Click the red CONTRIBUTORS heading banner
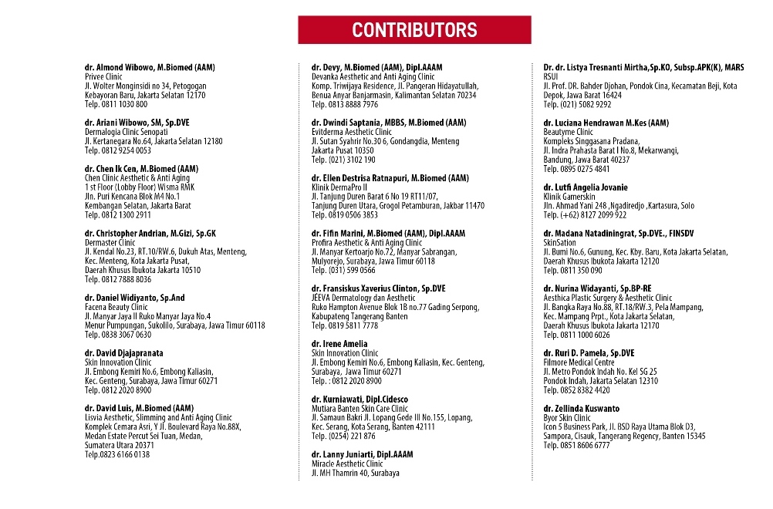[414, 30]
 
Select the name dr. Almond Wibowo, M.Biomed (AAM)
[150, 68]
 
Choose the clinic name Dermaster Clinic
[110, 242]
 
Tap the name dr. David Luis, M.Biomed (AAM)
[139, 408]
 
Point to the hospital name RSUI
[552, 77]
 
